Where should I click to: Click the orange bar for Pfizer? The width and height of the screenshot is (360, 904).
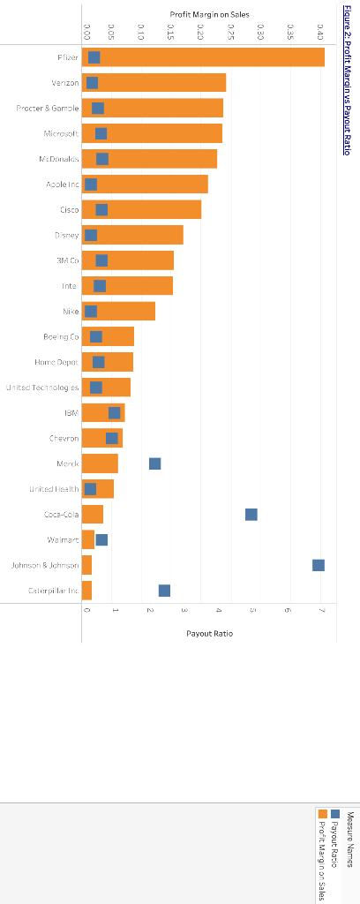pos(212,57)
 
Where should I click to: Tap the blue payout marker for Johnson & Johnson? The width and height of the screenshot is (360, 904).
pos(319,565)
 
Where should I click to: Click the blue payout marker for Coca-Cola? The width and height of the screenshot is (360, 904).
pos(251,515)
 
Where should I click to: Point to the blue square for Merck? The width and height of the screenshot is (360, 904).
pos(155,463)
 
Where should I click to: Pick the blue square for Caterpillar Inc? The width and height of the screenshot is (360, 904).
pos(164,591)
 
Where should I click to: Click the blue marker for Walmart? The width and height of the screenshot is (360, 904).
pos(101,539)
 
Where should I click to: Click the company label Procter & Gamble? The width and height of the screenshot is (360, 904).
pos(48,109)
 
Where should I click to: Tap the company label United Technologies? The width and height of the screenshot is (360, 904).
pos(42,388)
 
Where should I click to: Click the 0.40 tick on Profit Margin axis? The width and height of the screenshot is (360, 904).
pos(319,33)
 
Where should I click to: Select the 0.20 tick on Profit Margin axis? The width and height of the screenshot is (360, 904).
pos(201,33)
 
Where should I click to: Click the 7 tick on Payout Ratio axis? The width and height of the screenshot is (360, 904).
pos(322,611)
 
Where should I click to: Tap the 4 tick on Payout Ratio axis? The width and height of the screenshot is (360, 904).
pos(218,611)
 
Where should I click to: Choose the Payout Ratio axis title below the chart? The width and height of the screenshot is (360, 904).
pos(209,633)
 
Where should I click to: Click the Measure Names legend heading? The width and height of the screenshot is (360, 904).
pos(350,840)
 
